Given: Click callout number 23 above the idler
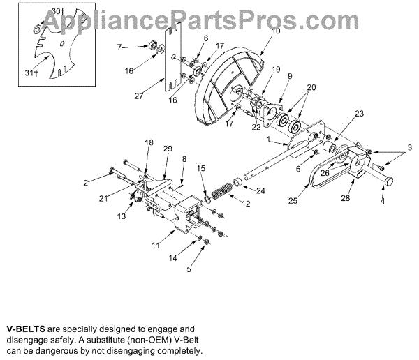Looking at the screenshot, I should [x=359, y=114].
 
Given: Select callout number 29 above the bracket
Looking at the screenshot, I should [x=167, y=150].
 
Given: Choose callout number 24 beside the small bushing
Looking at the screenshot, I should [x=260, y=190].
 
